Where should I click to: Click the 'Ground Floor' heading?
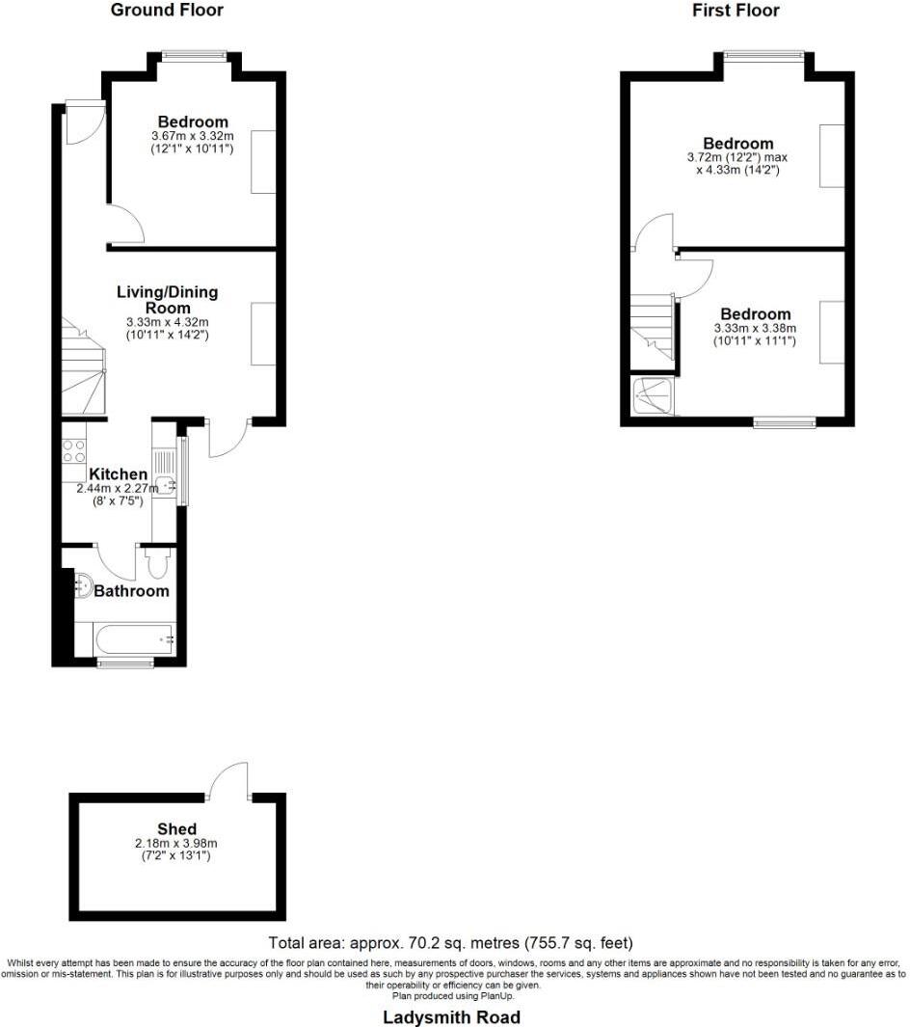pyautogui.click(x=167, y=11)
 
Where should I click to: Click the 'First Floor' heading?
pyautogui.click(x=736, y=11)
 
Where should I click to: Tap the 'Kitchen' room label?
pyautogui.click(x=118, y=474)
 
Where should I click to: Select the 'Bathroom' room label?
pyautogui.click(x=131, y=591)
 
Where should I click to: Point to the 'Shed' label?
pyautogui.click(x=177, y=828)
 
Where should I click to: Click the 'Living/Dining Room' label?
pyautogui.click(x=167, y=299)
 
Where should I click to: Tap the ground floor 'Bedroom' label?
pyautogui.click(x=193, y=122)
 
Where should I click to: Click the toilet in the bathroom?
pyautogui.click(x=156, y=563)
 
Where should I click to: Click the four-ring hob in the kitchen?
pyautogui.click(x=74, y=450)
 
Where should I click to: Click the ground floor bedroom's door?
pyautogui.click(x=126, y=226)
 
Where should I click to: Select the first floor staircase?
pyautogui.click(x=653, y=328)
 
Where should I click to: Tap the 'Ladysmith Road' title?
pyautogui.click(x=451, y=1017)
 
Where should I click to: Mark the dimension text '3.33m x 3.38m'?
pyautogui.click(x=755, y=329)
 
